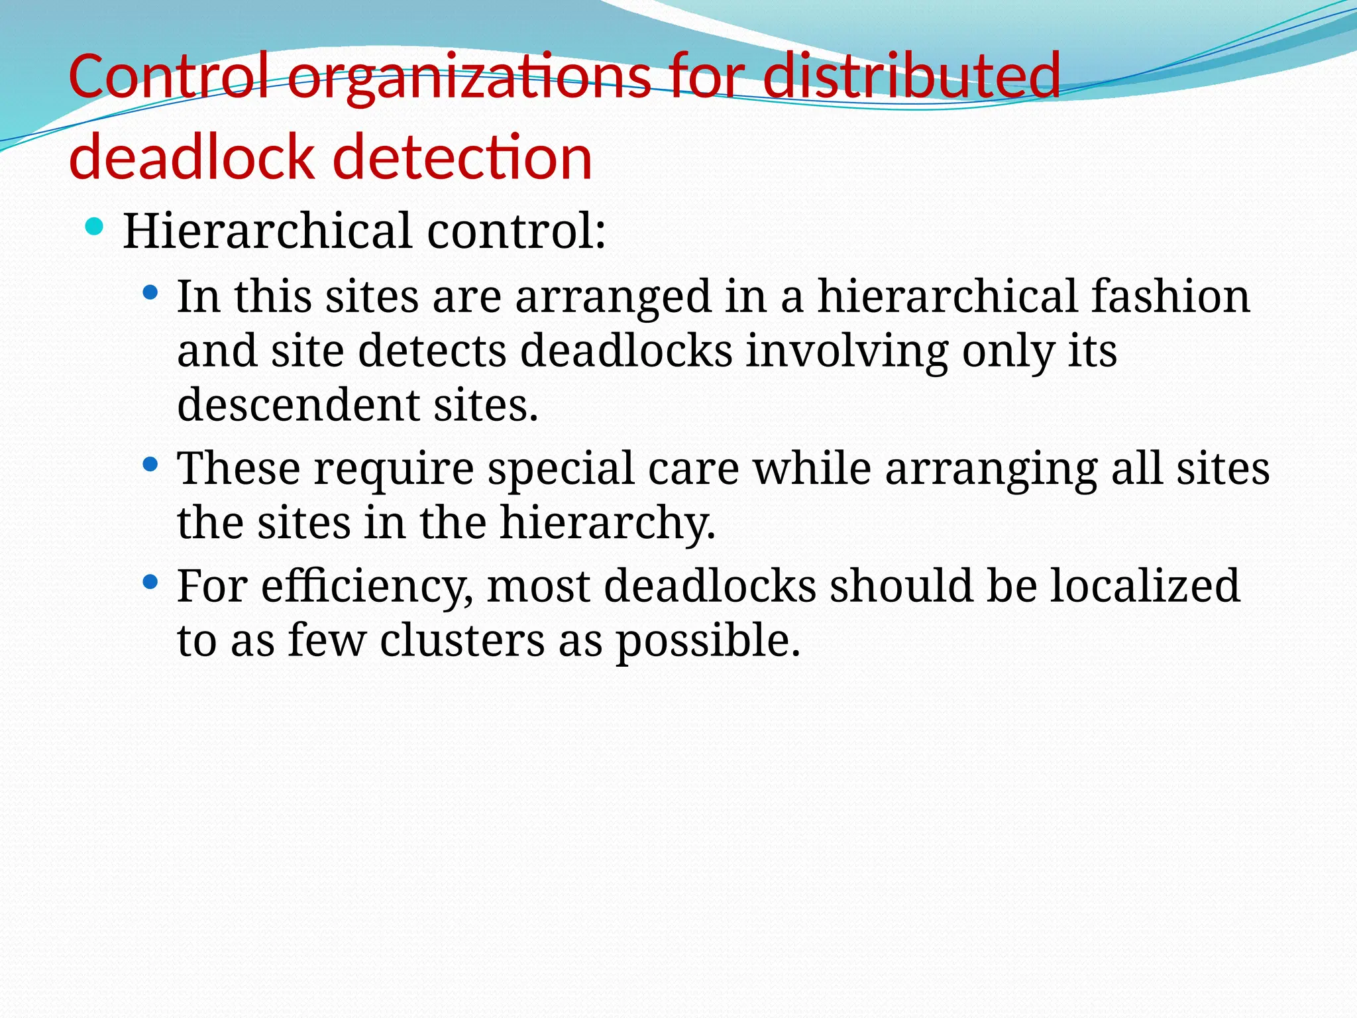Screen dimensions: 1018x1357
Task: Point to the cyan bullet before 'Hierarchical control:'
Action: (95, 227)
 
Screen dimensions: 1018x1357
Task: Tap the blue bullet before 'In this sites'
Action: (150, 292)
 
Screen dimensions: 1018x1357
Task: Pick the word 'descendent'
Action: (298, 405)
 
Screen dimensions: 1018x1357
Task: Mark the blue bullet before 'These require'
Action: (150, 465)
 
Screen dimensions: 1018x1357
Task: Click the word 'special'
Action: (561, 469)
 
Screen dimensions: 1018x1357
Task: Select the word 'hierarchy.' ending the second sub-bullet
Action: (608, 524)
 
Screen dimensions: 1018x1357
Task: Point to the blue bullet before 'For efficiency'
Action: (150, 583)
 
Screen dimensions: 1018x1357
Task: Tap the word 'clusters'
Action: (462, 641)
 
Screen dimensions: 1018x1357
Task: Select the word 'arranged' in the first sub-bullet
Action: (613, 298)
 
